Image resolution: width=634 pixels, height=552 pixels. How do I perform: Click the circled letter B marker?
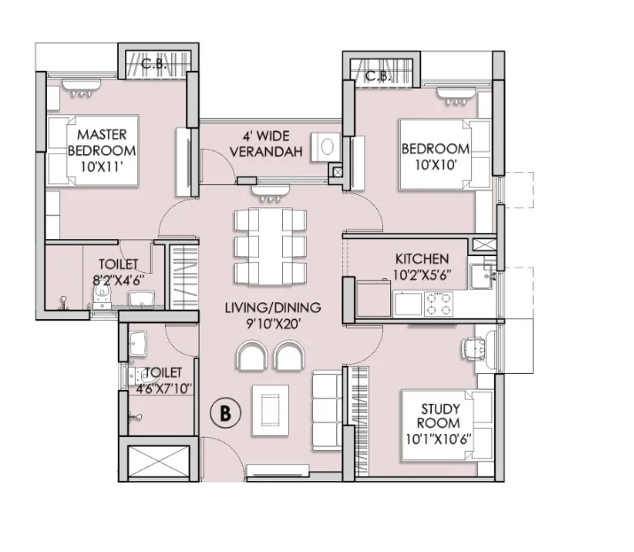click(x=225, y=413)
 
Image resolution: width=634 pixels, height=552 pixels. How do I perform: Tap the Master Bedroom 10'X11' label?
click(x=102, y=151)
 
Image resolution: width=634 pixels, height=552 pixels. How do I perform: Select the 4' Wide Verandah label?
click(x=266, y=144)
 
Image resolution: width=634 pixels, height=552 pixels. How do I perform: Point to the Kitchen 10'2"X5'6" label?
click(x=422, y=267)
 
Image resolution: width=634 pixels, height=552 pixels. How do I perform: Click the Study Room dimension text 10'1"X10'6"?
click(x=439, y=439)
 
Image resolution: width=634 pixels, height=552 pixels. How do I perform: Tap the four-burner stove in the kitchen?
click(x=438, y=304)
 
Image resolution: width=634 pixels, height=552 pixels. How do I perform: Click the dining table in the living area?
click(x=270, y=246)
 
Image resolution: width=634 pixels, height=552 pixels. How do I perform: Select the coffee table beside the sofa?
click(x=270, y=410)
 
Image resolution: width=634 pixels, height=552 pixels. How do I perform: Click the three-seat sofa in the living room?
click(x=327, y=411)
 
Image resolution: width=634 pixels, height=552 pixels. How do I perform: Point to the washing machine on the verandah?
click(x=326, y=147)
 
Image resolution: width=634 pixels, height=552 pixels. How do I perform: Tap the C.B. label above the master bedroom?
click(x=153, y=64)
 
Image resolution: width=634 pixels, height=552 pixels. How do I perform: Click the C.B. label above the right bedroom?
click(x=378, y=75)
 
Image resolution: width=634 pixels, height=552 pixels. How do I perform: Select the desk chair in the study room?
click(x=474, y=347)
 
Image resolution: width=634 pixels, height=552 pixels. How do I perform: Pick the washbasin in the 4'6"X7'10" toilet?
click(x=137, y=344)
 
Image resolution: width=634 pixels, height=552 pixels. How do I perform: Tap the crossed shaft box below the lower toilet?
click(x=159, y=461)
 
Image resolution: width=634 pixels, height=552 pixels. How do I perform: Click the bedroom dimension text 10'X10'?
click(x=436, y=165)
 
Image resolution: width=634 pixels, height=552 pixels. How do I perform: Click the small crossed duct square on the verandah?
click(x=338, y=173)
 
